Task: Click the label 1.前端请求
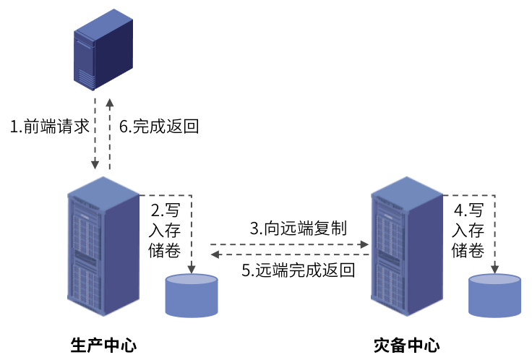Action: [x=49, y=127]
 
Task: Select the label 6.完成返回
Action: [x=158, y=127]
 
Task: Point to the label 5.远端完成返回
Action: [x=299, y=271]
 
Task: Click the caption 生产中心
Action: [x=103, y=344]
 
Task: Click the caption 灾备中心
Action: [x=407, y=344]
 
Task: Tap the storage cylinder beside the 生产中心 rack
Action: [x=192, y=295]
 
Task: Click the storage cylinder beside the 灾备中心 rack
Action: [x=495, y=295]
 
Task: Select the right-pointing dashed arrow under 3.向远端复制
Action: [x=289, y=244]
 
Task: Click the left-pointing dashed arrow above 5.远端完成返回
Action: [x=289, y=254]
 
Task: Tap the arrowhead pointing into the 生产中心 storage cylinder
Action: [x=192, y=270]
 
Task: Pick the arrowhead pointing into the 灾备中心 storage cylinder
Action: [x=495, y=270]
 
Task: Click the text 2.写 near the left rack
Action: [x=166, y=211]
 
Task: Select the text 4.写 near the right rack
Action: [x=468, y=211]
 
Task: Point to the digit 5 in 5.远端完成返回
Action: [x=246, y=271]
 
